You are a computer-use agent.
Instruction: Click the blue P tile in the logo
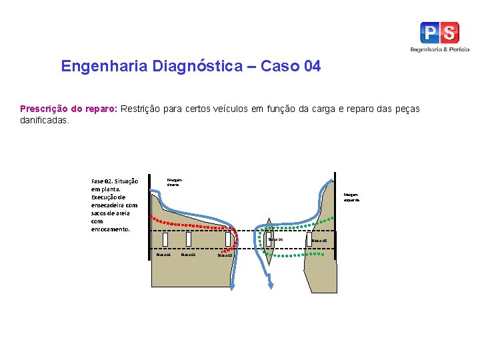[430, 33]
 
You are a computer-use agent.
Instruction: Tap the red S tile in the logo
[449, 33]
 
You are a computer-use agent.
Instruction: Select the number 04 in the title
[311, 67]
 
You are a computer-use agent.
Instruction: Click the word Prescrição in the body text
[43, 109]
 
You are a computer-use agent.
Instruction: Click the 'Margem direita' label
[174, 182]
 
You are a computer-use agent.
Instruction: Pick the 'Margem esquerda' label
[351, 197]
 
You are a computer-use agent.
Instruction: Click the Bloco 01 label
[163, 254]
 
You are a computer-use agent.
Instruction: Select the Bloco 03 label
[225, 255]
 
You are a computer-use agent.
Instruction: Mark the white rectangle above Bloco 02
[189, 239]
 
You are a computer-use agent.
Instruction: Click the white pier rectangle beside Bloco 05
[309, 239]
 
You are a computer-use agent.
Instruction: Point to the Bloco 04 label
[276, 239]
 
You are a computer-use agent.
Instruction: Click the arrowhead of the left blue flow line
[233, 286]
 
